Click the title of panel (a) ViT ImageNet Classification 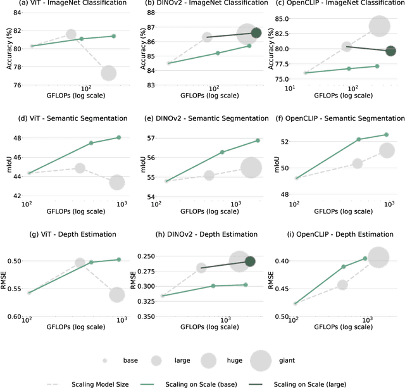click(x=66, y=4)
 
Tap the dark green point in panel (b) click(x=256, y=32)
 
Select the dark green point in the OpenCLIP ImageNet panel click(x=390, y=51)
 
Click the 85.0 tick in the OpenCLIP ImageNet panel click(x=281, y=18)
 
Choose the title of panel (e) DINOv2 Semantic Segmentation click(x=202, y=118)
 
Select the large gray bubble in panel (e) click(x=251, y=168)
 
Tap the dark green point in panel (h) click(x=249, y=261)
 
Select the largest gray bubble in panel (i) click(x=378, y=258)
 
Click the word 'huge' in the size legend click(x=227, y=360)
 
